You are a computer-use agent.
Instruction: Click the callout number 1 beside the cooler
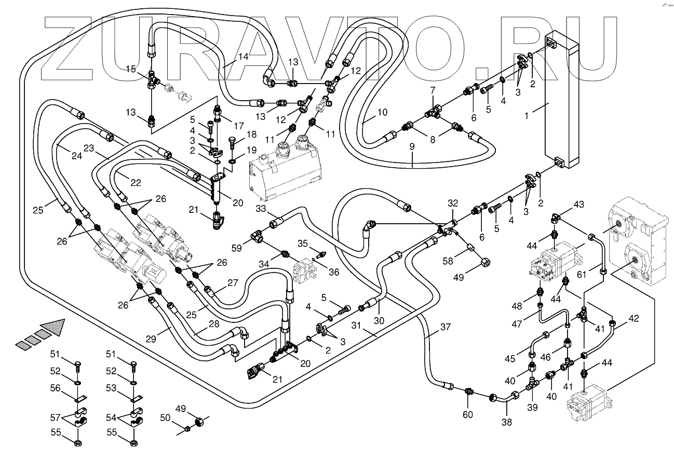pos(526,116)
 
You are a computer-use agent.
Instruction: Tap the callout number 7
pos(433,90)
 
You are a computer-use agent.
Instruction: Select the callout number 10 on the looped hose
pos(382,113)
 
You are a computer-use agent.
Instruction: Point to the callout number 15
pos(131,69)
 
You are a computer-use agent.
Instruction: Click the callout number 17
pos(239,126)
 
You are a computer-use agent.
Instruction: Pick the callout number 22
pos(136,183)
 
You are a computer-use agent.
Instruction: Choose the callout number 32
pos(453,203)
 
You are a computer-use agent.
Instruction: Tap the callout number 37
pos(446,327)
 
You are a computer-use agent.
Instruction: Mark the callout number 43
pos(578,204)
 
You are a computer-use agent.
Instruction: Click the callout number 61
pos(582,274)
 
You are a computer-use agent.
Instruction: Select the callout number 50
pos(165,417)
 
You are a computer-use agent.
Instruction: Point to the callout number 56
pos(56,388)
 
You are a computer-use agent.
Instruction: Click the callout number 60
pos(468,415)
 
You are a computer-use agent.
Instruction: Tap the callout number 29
pos(151,339)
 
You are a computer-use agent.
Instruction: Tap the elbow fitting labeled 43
pos(556,218)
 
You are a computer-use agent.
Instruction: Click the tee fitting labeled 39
pos(532,385)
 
